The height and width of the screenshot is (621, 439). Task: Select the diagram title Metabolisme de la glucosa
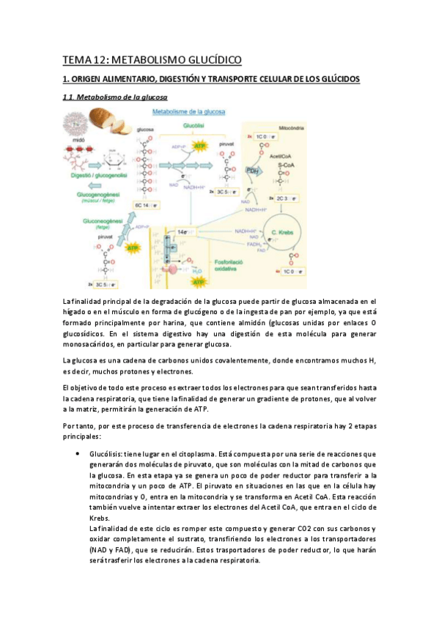click(x=188, y=111)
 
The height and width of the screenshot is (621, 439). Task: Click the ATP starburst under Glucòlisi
click(x=197, y=145)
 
